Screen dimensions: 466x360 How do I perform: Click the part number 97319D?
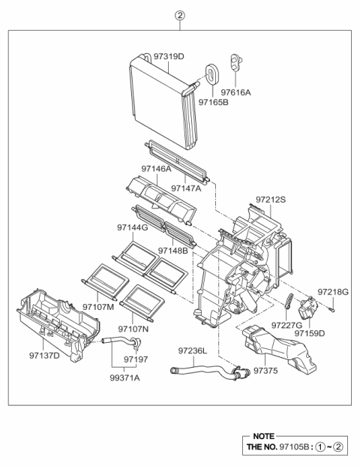169,56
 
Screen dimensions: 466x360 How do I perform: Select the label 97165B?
213,103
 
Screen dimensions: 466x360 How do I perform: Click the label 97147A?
186,188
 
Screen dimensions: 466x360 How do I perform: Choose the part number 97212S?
271,200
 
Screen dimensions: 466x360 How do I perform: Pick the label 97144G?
132,227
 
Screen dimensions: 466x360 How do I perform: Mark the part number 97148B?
173,250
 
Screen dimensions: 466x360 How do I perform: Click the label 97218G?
332,291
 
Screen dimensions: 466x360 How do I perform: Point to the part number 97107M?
98,308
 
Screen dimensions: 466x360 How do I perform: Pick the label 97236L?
193,350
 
